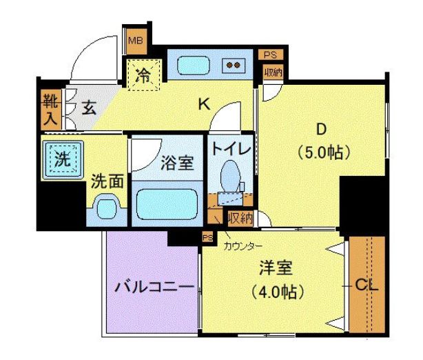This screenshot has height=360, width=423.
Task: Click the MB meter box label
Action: coord(134,40)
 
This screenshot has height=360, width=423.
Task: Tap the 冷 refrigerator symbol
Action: coord(143,74)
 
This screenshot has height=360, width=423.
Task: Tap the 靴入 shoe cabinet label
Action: coord(51,108)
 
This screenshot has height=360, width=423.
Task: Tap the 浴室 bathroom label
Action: coord(177,163)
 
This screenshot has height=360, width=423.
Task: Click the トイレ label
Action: coord(230,149)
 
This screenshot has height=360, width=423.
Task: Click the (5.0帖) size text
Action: coord(321,150)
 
